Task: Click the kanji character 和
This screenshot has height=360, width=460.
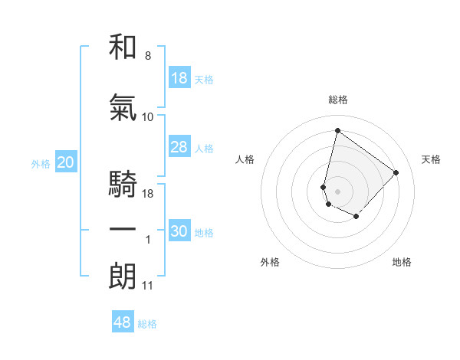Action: click(x=123, y=48)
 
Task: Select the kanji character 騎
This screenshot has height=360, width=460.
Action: click(x=123, y=186)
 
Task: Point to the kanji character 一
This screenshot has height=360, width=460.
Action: click(x=123, y=231)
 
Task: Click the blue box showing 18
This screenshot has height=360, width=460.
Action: click(x=179, y=79)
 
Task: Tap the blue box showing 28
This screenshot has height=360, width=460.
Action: click(x=179, y=148)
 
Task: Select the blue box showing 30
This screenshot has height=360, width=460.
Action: click(x=179, y=232)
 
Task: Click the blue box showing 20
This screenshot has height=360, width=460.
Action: click(x=66, y=162)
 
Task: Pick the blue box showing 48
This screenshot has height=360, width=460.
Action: click(x=123, y=322)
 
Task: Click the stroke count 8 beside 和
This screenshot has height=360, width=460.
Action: click(x=148, y=56)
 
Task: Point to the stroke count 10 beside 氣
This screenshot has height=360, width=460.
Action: click(x=148, y=116)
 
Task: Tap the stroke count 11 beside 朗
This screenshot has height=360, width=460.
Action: click(x=148, y=286)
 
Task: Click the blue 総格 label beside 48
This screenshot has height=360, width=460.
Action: click(x=147, y=324)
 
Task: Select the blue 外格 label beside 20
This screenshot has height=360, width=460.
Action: click(x=41, y=163)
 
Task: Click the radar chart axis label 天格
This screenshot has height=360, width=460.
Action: click(x=432, y=159)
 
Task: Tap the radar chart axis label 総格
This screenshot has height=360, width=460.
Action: click(x=338, y=100)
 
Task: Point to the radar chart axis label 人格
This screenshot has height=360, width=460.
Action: click(x=245, y=159)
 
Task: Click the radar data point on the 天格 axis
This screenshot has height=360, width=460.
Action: click(x=396, y=172)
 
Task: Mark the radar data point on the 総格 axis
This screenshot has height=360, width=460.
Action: click(x=337, y=130)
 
